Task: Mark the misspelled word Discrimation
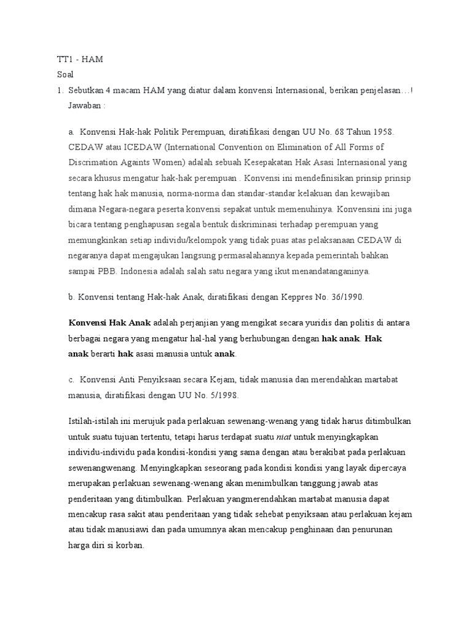click(x=95, y=162)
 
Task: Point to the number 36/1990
click(x=346, y=297)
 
